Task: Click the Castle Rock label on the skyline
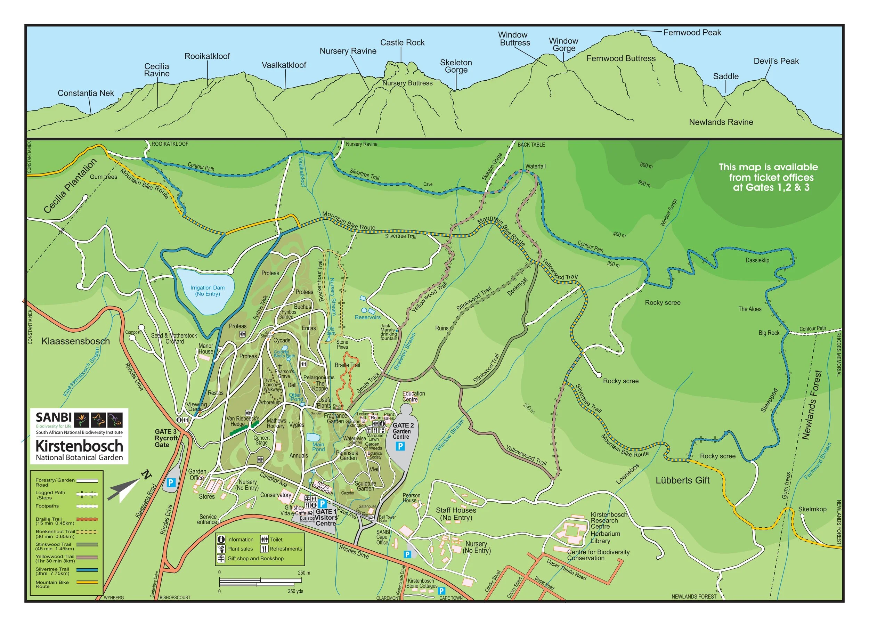(402, 42)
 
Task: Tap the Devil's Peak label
(775, 61)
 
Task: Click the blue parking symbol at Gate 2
(400, 446)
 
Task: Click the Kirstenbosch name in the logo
(79, 446)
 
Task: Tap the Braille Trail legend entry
(54, 521)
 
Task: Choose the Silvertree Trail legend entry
(54, 571)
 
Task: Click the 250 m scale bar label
(304, 573)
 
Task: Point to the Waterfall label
(535, 166)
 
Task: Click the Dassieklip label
(757, 260)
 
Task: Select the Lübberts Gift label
(682, 480)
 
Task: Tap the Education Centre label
(413, 396)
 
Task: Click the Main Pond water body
(313, 437)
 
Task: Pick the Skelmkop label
(812, 509)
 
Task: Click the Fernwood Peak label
(692, 33)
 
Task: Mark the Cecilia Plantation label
(70, 186)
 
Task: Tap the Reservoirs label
(367, 317)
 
